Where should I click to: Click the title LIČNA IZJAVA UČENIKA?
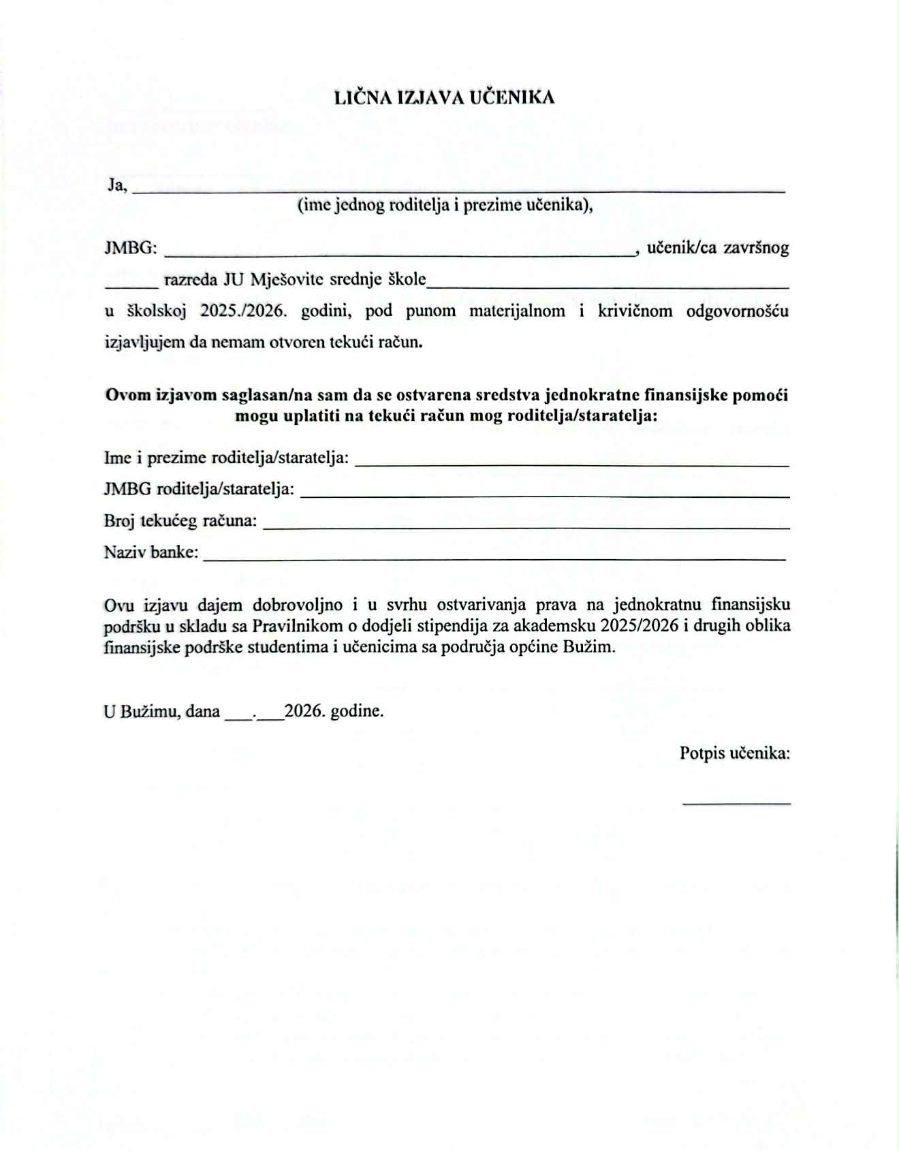tap(444, 97)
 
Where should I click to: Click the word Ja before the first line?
tap(116, 185)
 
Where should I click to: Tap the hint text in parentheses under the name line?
tap(445, 205)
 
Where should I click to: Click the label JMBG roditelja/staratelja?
tap(199, 489)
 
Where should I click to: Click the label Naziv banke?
tap(151, 552)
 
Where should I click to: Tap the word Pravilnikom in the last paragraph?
tap(298, 626)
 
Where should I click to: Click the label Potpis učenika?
tap(735, 753)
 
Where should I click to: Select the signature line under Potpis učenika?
tap(737, 804)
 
